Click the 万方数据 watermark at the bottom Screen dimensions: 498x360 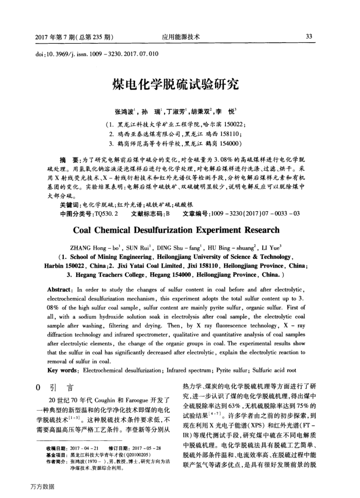pos(43,486)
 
